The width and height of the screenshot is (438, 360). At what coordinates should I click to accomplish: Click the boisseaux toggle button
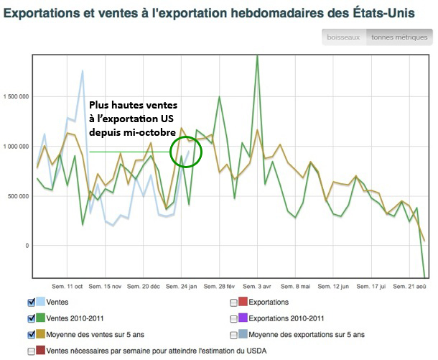[x=343, y=37]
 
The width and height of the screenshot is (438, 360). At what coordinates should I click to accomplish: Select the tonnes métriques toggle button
[x=398, y=37]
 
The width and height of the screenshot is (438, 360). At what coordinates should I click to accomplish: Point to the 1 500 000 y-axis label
[x=17, y=96]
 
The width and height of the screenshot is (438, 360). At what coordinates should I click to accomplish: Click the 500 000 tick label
[x=19, y=196]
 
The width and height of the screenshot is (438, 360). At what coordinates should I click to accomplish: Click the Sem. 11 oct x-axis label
[x=67, y=286]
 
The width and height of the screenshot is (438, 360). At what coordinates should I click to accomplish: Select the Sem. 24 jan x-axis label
[x=182, y=286]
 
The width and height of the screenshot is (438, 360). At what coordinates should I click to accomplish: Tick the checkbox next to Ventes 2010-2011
[x=31, y=318]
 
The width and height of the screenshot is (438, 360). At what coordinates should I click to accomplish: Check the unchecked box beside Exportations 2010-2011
[x=234, y=318]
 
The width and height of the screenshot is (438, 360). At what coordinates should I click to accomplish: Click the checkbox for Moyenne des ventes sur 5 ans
[x=31, y=334]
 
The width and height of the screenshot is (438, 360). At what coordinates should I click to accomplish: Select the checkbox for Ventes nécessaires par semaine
[x=31, y=351]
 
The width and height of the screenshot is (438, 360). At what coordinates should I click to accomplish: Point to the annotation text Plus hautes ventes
[x=133, y=104]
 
